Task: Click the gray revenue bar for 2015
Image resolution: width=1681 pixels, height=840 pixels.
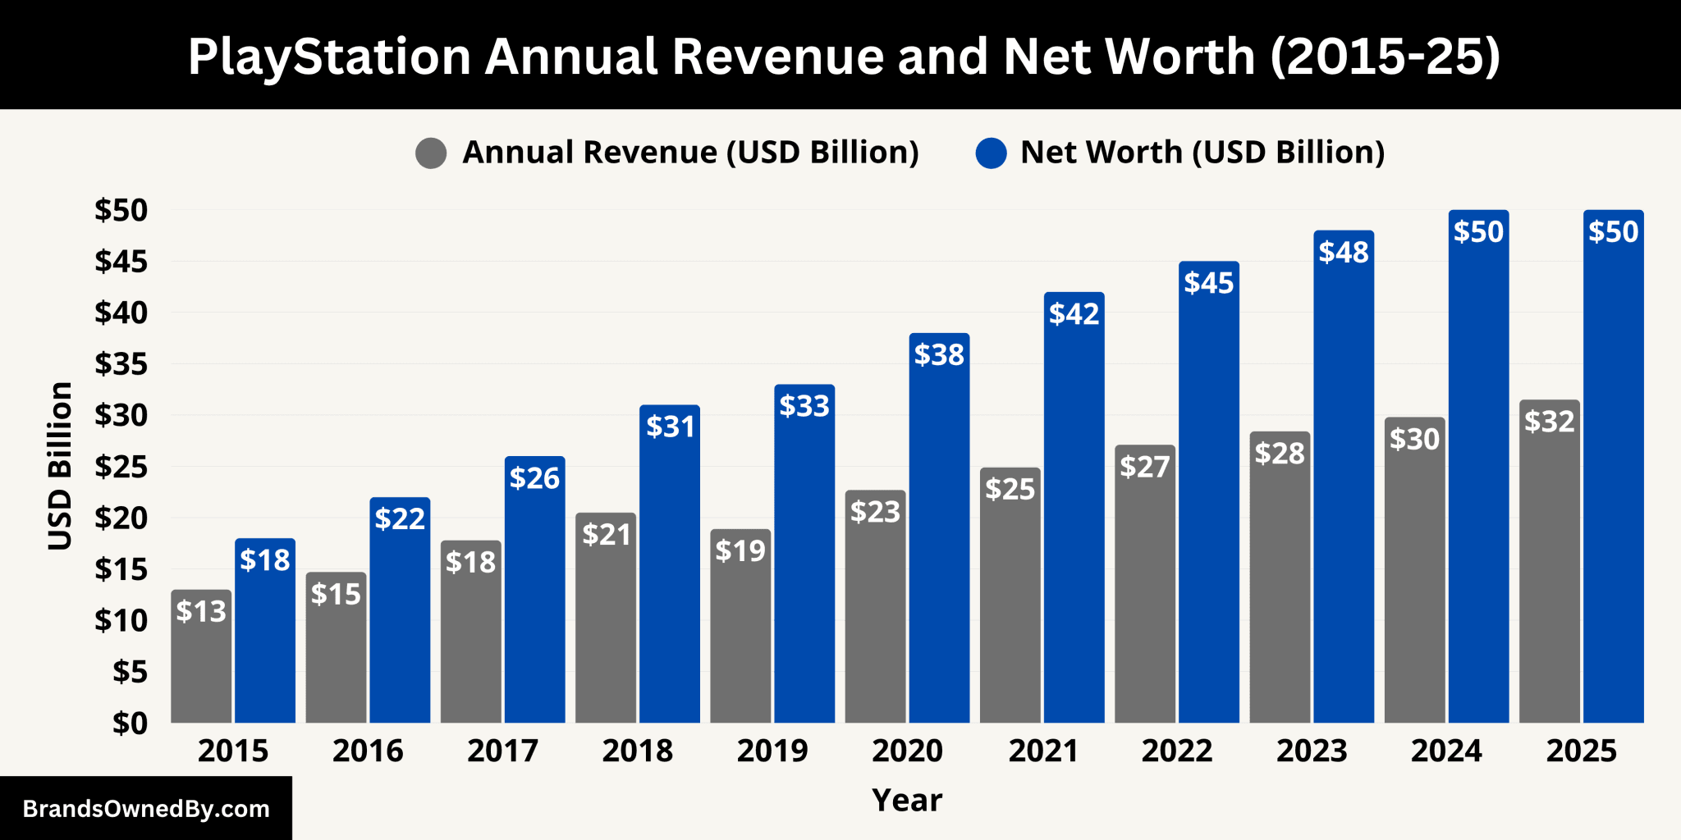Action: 201,664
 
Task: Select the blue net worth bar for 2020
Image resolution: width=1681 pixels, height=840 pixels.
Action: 939,541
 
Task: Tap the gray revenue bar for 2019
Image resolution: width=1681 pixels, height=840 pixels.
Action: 740,640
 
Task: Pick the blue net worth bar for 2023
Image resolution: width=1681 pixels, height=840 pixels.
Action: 1344,492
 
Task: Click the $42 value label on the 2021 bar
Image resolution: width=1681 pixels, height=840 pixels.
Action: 1074,314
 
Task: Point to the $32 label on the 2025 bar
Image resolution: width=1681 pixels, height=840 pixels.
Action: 1550,422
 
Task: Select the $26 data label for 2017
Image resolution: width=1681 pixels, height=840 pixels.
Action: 534,478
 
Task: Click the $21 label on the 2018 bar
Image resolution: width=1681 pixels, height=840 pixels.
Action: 606,535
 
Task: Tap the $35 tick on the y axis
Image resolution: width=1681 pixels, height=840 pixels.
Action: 121,364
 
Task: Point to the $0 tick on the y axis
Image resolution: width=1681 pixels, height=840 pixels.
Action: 130,724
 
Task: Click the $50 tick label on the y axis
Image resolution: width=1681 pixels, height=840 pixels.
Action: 121,211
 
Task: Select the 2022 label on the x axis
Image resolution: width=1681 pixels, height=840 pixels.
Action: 1177,751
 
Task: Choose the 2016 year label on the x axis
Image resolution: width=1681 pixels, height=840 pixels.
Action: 368,751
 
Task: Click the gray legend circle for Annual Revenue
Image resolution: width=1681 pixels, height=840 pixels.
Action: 431,153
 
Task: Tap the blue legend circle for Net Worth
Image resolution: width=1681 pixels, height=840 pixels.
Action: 991,153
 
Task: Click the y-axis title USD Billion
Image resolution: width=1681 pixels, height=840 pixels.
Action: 60,466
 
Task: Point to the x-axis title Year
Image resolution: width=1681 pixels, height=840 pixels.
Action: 907,800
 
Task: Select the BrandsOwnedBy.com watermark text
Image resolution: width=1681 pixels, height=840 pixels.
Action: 146,809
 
